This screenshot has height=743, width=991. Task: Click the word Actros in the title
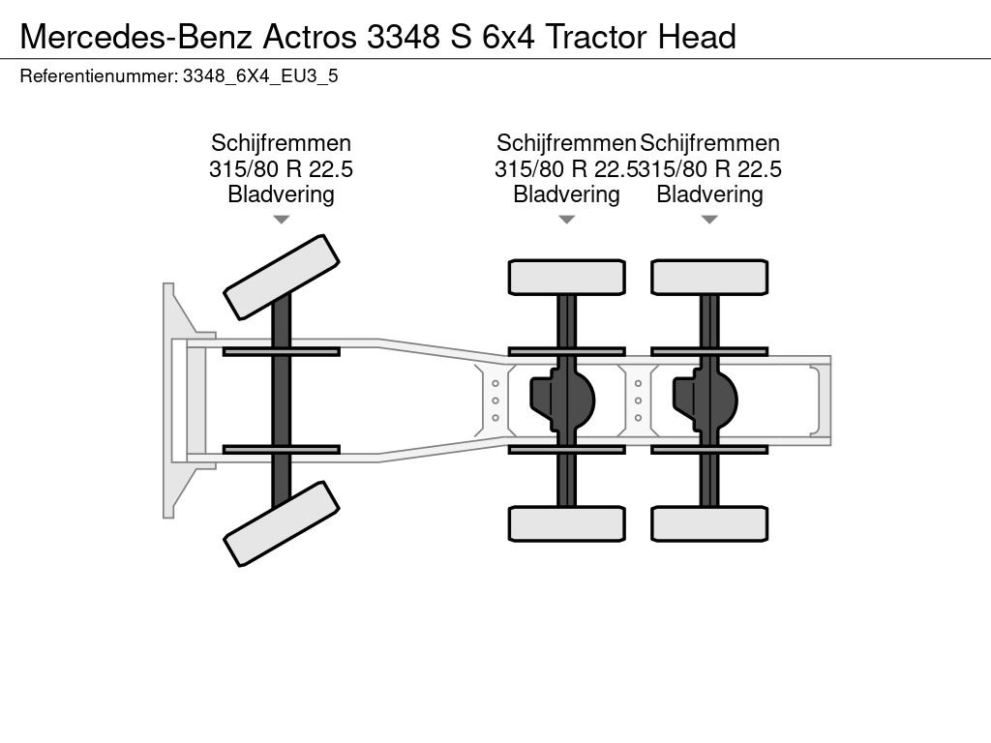coord(310,37)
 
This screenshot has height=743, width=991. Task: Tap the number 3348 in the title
coord(404,37)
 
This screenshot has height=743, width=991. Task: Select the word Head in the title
coord(697,37)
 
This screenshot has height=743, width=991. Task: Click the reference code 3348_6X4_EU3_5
coord(260,76)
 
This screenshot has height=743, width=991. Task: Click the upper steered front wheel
coord(282,278)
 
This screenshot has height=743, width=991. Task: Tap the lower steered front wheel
coord(282,523)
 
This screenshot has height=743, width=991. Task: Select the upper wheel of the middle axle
coord(567,278)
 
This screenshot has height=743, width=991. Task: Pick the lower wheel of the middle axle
coord(567,523)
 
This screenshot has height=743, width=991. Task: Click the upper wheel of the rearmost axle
coord(709,278)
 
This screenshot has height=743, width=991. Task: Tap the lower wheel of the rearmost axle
coord(709,523)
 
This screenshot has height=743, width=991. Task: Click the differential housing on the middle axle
coord(562,400)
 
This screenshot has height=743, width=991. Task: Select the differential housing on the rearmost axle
coord(706,400)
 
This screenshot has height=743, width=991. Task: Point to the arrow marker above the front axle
coord(282,220)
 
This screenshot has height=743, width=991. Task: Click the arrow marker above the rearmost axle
coord(709,220)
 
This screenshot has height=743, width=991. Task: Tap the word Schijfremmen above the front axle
coord(282,143)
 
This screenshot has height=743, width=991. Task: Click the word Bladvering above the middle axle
coord(566,193)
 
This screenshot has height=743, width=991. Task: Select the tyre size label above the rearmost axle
coord(710,169)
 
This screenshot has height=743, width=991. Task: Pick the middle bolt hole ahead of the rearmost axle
coord(639,401)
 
